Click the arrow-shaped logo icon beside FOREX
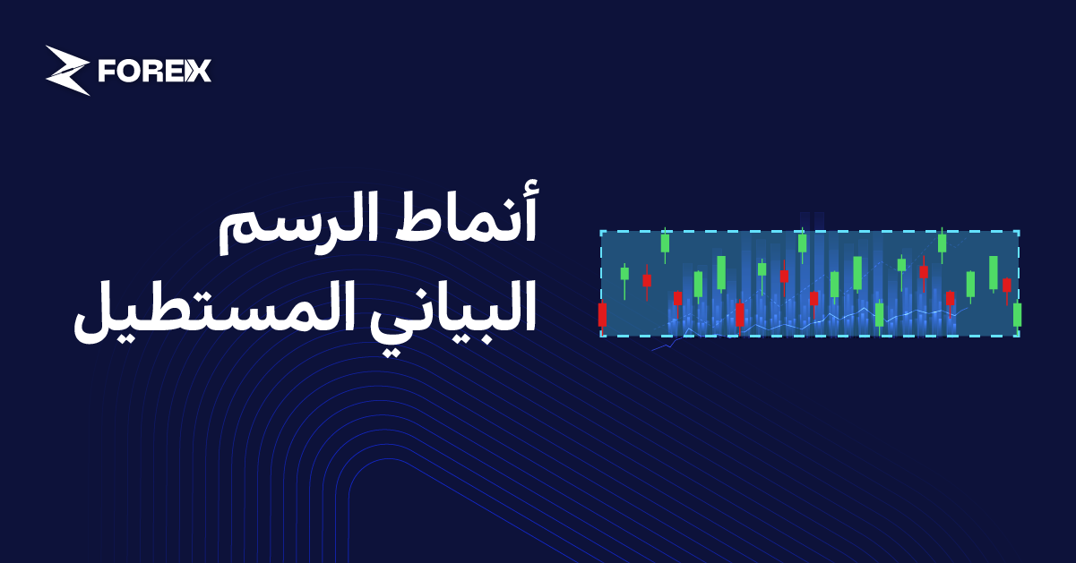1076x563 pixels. [x=67, y=70]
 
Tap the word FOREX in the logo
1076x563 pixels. [x=154, y=71]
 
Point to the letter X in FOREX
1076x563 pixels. [x=199, y=71]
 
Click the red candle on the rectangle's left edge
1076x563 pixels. [x=602, y=314]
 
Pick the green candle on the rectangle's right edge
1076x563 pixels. [x=1017, y=314]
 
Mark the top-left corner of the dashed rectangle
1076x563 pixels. [x=601, y=231]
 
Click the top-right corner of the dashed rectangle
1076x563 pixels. [x=1019, y=231]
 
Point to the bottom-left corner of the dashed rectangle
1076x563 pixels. [x=601, y=337]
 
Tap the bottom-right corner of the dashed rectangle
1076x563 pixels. [x=1019, y=337]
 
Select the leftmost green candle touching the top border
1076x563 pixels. [x=665, y=242]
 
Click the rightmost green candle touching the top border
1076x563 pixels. [x=942, y=242]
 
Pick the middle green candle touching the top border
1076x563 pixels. [x=802, y=242]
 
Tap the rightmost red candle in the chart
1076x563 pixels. [x=1006, y=286]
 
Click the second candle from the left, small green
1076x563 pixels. [x=624, y=273]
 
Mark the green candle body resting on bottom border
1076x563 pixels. [x=879, y=314]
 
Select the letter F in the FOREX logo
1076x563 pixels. [x=108, y=71]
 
